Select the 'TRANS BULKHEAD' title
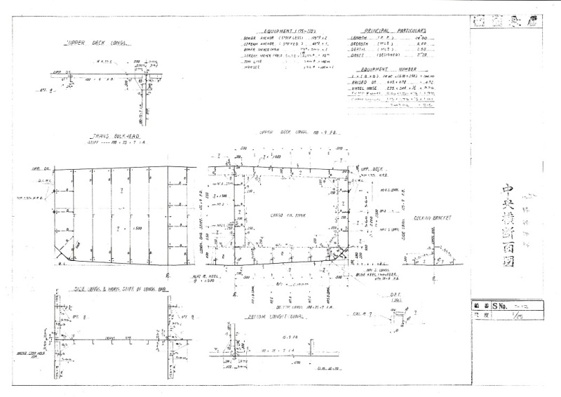coord(107,135)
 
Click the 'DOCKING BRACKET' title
coord(431,218)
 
